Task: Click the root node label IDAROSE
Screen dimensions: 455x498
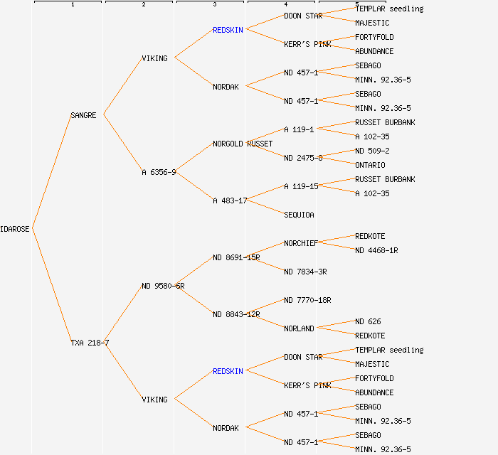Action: click(x=15, y=229)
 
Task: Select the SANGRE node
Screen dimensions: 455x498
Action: click(x=83, y=115)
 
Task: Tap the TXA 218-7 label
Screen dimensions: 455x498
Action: click(x=90, y=343)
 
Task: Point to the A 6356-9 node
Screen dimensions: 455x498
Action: click(x=159, y=172)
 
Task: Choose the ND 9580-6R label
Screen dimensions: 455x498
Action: click(x=163, y=286)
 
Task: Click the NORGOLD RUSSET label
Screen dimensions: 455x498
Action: click(x=243, y=144)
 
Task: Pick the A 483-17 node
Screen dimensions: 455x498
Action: click(x=230, y=200)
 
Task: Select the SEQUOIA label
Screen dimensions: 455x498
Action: click(x=299, y=215)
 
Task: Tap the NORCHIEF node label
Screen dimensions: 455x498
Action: click(x=301, y=243)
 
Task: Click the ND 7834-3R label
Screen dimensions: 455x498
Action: click(x=305, y=272)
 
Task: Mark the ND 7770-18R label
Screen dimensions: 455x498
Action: click(x=307, y=300)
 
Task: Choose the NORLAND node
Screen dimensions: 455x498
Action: click(x=299, y=328)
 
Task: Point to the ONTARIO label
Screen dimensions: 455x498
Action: click(x=370, y=165)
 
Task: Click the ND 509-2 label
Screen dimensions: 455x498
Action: click(x=372, y=151)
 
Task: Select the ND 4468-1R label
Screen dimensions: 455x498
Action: click(x=376, y=250)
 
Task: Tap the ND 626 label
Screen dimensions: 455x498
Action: click(x=368, y=321)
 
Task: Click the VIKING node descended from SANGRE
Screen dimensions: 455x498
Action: click(x=154, y=58)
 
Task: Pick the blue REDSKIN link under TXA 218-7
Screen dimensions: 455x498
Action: click(x=228, y=371)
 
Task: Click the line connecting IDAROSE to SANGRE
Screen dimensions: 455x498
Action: click(x=51, y=171)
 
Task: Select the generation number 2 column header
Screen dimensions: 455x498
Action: click(x=143, y=5)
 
